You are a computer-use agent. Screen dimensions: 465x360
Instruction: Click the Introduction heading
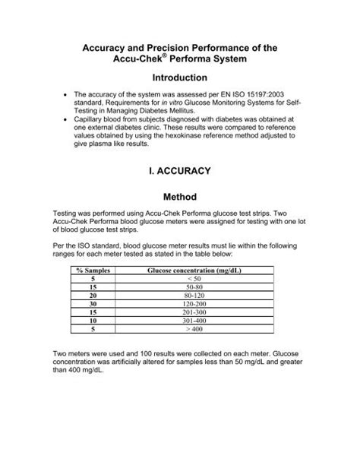[179, 77]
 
